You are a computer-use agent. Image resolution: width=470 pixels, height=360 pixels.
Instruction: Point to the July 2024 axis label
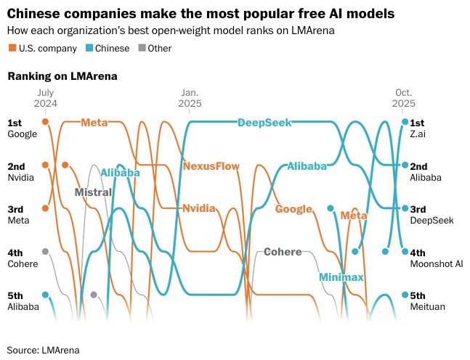tap(45, 98)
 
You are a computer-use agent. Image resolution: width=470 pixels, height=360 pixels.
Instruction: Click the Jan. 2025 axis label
tap(190, 98)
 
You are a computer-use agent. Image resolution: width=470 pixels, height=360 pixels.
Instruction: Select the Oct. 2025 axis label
tap(405, 98)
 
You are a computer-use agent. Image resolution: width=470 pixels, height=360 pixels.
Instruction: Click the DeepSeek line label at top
tap(264, 123)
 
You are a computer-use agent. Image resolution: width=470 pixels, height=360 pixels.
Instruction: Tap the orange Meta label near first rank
tap(94, 123)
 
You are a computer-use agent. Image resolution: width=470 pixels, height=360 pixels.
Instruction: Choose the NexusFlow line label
tap(211, 165)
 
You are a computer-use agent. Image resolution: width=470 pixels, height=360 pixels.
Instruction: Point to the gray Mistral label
tap(93, 192)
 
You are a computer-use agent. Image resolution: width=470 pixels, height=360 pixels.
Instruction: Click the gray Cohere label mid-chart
tap(282, 252)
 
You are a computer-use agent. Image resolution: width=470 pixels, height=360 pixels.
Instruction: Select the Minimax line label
tap(340, 277)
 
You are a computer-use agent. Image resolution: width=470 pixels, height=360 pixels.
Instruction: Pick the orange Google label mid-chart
tap(293, 209)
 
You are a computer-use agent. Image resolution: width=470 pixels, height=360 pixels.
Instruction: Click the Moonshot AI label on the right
tap(436, 263)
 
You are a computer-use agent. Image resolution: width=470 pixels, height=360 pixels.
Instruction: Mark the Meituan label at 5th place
tap(427, 306)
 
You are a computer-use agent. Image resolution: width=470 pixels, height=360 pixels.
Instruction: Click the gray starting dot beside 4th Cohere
tap(45, 251)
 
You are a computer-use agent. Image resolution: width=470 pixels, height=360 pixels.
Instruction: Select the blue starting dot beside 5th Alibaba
tap(45, 295)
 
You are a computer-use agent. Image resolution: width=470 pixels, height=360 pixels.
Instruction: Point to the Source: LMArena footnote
tap(43, 349)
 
